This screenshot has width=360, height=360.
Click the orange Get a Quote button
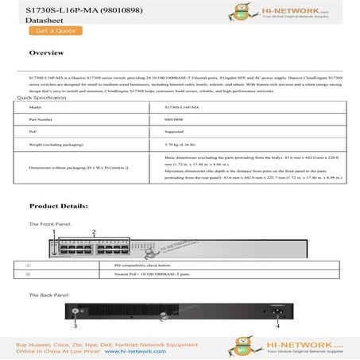[x=54, y=31]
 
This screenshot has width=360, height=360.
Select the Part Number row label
[x=40, y=118]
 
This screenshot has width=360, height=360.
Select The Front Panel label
[x=50, y=224]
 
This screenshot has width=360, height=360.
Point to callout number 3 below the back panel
[x=75, y=326]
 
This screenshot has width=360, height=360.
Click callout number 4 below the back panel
[x=277, y=325]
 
